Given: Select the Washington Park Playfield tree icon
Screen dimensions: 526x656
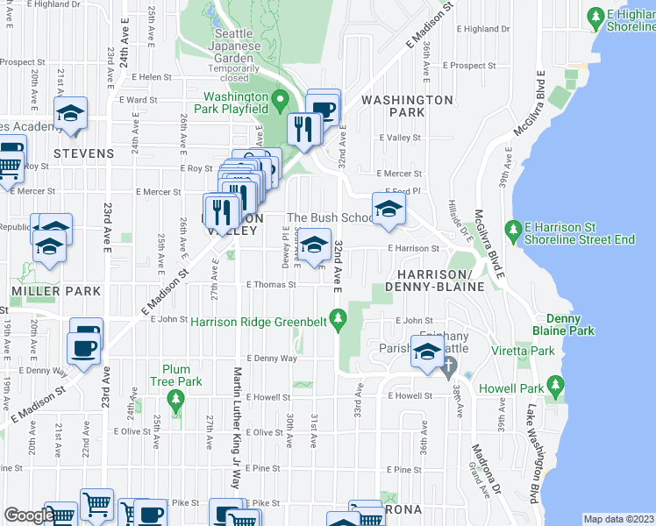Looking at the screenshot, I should click(x=279, y=96).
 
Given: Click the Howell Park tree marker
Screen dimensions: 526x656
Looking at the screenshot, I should click(x=554, y=384).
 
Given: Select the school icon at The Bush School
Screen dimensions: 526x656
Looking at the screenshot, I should click(x=387, y=209).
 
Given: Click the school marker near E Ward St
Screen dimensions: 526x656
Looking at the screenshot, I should click(x=69, y=113).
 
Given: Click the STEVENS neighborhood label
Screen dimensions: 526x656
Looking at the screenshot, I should click(x=83, y=153).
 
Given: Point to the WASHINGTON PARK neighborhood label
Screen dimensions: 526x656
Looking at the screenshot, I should click(x=406, y=106).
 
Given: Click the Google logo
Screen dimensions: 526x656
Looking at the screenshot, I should click(x=28, y=516).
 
